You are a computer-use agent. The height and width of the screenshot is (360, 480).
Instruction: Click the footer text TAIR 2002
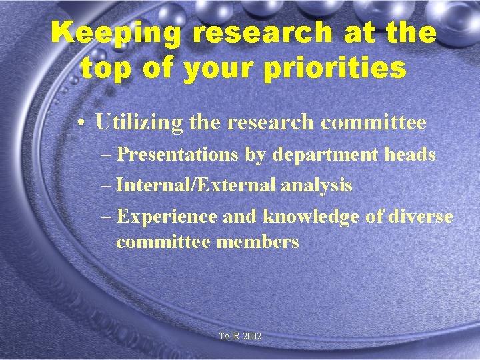[x=240, y=337]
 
